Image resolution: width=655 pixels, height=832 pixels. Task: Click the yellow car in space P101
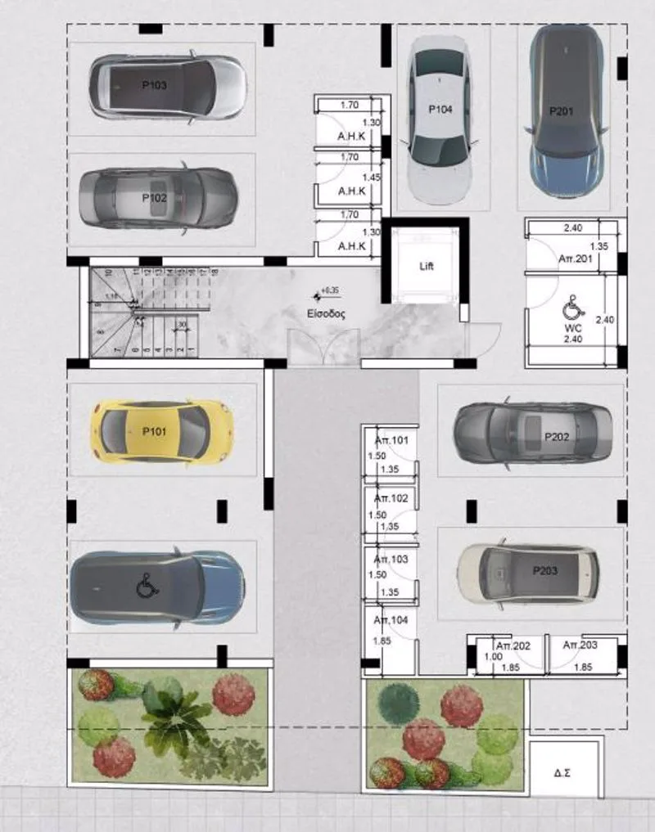(162, 429)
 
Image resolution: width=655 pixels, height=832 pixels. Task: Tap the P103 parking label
(154, 85)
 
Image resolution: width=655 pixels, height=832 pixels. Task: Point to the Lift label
(426, 267)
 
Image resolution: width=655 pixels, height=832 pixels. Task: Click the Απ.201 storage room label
(575, 258)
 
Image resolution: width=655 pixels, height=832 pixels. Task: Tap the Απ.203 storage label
(580, 646)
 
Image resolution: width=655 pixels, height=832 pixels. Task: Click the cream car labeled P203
(528, 569)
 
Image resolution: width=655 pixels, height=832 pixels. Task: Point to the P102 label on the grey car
(154, 198)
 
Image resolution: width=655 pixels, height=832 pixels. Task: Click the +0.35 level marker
(331, 290)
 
